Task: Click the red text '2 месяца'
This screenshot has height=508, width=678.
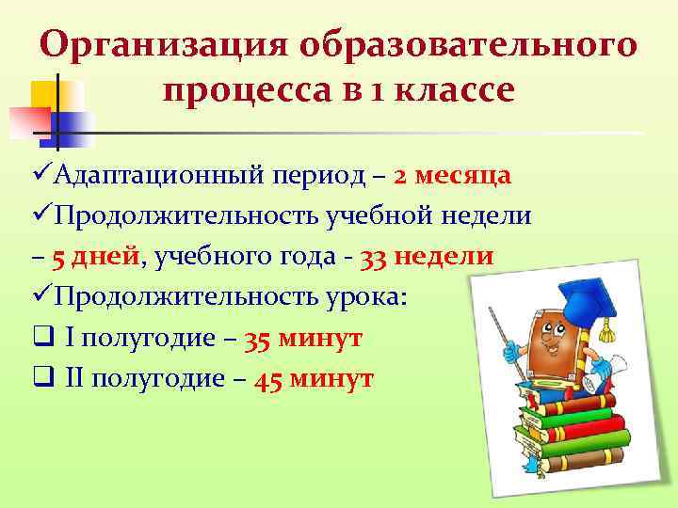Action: pyautogui.click(x=453, y=175)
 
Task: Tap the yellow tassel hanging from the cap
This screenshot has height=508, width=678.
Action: pyautogui.click(x=608, y=329)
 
